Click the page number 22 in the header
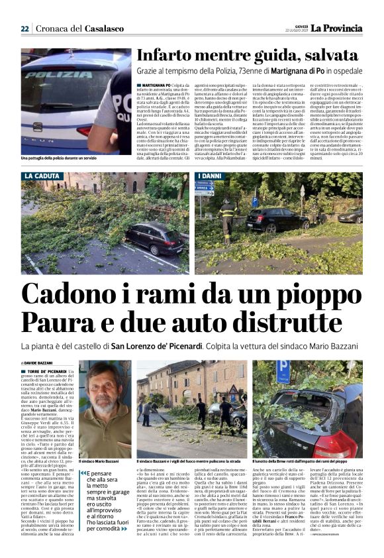click(x=24, y=28)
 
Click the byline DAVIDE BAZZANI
click(x=39, y=364)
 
